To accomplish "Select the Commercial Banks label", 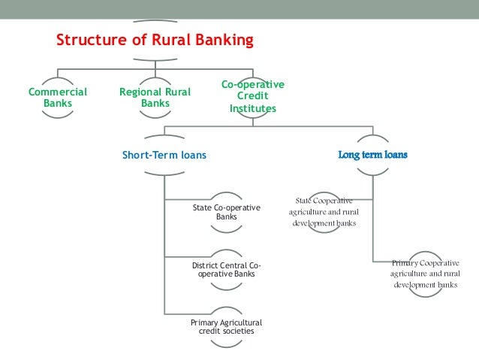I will [x=58, y=98].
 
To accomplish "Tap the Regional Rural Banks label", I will [x=155, y=98].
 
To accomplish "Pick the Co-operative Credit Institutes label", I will [x=253, y=96].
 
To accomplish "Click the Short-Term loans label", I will [x=164, y=156].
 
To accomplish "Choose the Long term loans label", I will [x=373, y=156].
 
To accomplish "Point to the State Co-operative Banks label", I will [x=226, y=212].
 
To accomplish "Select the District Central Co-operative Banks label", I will [x=226, y=269].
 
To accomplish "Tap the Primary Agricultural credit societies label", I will [x=226, y=327].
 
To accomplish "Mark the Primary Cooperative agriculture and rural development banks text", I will [x=425, y=274].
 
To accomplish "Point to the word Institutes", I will [x=253, y=109].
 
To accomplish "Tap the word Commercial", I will [x=58, y=92].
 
